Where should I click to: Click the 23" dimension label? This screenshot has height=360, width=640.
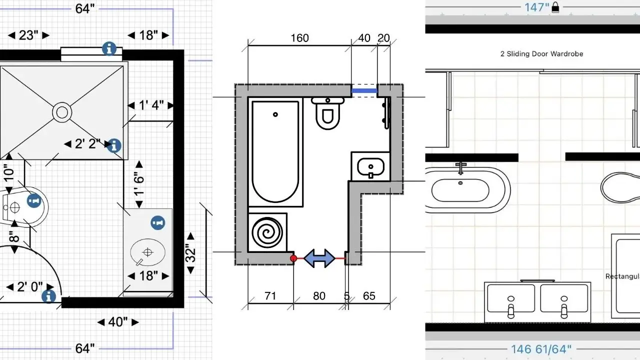coord(28,35)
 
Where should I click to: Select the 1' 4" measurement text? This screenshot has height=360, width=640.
coord(150,105)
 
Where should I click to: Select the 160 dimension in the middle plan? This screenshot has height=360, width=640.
coord(299,38)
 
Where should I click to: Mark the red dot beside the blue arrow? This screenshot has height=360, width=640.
coord(293,258)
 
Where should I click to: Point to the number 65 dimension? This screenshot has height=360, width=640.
coord(368,296)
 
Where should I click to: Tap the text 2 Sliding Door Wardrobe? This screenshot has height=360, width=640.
coord(542,54)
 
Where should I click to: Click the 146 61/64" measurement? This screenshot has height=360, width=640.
coord(541,349)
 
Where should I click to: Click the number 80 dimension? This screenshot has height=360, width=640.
coord(319,296)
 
